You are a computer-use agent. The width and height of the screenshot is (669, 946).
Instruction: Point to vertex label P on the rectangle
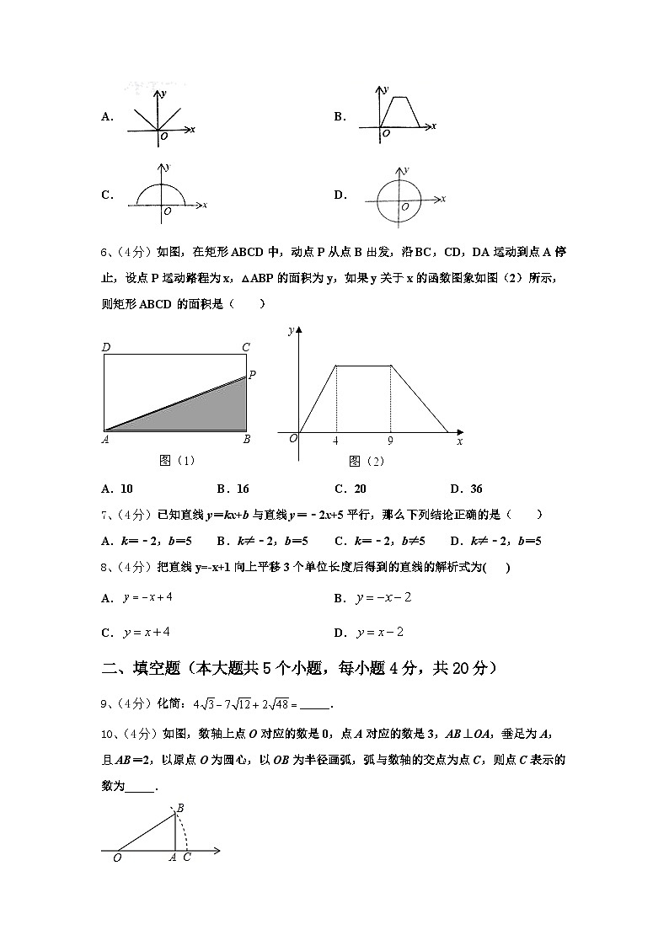coord(252,375)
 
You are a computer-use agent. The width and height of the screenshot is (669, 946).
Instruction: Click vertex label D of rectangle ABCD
coord(105,347)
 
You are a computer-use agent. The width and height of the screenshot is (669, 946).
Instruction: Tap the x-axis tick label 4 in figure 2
coord(335,441)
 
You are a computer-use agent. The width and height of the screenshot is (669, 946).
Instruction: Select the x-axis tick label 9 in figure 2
coord(390,441)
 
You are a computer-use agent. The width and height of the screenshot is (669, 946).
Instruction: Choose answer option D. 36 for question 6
coord(466,489)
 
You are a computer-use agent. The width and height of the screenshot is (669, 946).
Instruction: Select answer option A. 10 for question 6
coord(116,489)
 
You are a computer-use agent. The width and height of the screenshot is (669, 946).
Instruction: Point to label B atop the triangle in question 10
coord(179,809)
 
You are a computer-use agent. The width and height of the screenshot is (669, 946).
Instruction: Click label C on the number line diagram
coord(187,858)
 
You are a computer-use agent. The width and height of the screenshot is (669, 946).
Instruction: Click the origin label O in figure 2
coord(293,438)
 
